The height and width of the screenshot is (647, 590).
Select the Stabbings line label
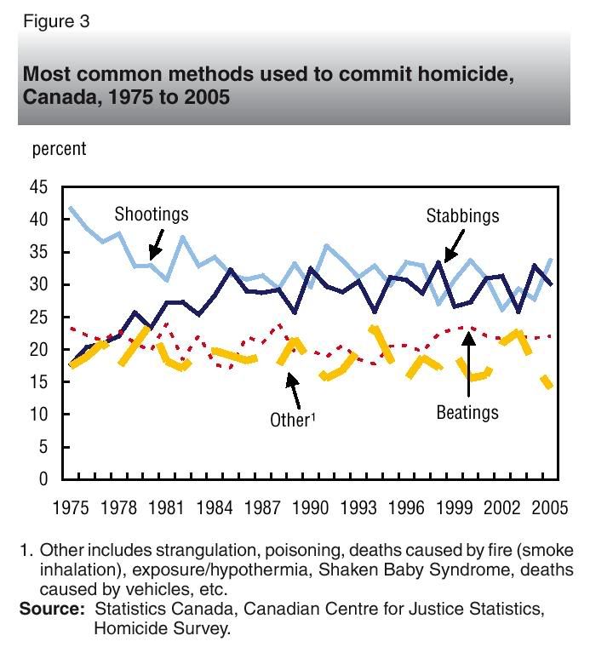pyautogui.click(x=462, y=216)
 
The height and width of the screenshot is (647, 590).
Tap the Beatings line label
pyautogui.click(x=467, y=413)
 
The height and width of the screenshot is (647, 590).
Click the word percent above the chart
pyautogui.click(x=59, y=149)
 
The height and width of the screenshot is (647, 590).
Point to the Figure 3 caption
pyautogui.click(x=55, y=21)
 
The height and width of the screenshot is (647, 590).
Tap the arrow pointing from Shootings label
pyautogui.click(x=154, y=246)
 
